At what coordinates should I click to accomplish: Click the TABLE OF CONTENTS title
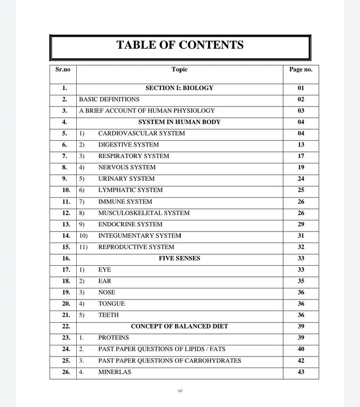(x=180, y=45)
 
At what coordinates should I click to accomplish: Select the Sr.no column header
(x=63, y=70)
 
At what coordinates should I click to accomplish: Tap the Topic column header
(x=180, y=70)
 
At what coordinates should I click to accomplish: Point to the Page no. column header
(x=301, y=70)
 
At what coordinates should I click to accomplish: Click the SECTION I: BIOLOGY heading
(x=179, y=88)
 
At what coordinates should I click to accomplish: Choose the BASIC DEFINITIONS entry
(x=109, y=99)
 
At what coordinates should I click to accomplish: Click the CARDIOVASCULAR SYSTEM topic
(x=141, y=134)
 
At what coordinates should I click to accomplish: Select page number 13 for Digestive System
(x=301, y=145)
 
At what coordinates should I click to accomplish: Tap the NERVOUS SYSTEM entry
(x=127, y=167)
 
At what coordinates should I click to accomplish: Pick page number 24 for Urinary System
(x=301, y=179)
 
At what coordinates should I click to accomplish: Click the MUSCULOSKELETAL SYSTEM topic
(x=144, y=213)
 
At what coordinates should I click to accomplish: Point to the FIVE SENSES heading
(x=179, y=259)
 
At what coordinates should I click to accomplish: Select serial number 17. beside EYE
(x=66, y=270)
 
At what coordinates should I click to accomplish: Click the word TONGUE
(x=112, y=304)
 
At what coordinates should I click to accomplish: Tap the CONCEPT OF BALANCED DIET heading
(x=179, y=327)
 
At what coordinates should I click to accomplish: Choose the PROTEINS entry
(x=113, y=338)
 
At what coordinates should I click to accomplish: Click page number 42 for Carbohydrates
(x=301, y=360)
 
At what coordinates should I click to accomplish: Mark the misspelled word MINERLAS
(x=115, y=372)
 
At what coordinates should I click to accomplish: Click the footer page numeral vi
(x=180, y=391)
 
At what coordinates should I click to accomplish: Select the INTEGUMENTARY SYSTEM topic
(x=140, y=236)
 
